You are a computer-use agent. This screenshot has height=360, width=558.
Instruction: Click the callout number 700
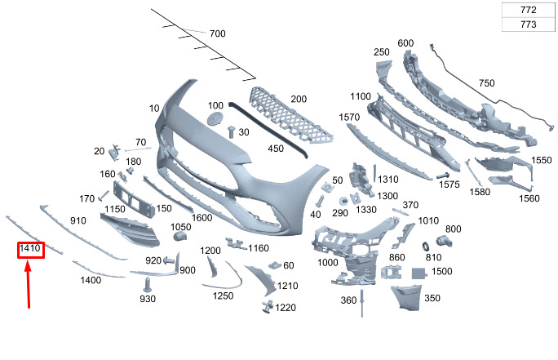(x=217, y=34)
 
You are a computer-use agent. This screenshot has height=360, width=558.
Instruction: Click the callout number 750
(x=486, y=83)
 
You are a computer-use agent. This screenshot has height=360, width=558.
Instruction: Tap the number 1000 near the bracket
(x=328, y=263)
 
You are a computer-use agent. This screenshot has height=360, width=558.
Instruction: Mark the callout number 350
(x=432, y=299)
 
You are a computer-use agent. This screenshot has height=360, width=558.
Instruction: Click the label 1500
(x=442, y=271)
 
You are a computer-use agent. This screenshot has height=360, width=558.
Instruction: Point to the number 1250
(x=224, y=296)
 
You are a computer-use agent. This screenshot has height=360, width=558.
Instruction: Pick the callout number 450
(x=276, y=149)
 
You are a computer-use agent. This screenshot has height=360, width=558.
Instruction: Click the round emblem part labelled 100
(x=216, y=119)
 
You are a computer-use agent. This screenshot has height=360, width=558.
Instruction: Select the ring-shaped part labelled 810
(x=427, y=246)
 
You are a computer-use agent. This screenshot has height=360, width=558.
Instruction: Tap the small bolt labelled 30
(x=232, y=131)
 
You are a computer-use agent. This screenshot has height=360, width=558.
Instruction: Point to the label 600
(x=405, y=43)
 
